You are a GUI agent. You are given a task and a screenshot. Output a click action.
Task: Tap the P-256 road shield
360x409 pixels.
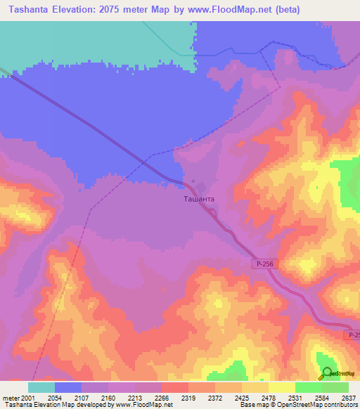click(x=264, y=263)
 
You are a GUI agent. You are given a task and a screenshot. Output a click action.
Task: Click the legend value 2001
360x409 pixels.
click(x=21, y=398)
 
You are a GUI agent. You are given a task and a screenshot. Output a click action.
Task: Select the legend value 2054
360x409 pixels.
click(x=54, y=398)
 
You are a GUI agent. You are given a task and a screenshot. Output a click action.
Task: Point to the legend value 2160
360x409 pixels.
click(x=108, y=398)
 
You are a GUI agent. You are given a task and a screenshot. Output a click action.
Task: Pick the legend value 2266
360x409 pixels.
click(x=161, y=398)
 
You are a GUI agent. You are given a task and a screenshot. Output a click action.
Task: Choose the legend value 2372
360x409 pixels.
click(x=214, y=398)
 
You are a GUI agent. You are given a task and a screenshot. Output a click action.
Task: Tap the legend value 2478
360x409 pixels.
click(x=268, y=398)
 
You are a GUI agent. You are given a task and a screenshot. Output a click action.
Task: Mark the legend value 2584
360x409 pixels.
click(x=321, y=398)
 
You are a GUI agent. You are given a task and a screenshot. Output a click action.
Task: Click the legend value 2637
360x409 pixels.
click(x=348, y=398)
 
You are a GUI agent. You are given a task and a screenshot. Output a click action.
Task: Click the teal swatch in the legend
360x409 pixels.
click(x=41, y=387)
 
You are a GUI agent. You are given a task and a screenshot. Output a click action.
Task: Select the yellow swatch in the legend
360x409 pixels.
click(x=281, y=387)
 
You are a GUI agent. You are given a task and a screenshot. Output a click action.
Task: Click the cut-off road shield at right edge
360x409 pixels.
click(x=354, y=336)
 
